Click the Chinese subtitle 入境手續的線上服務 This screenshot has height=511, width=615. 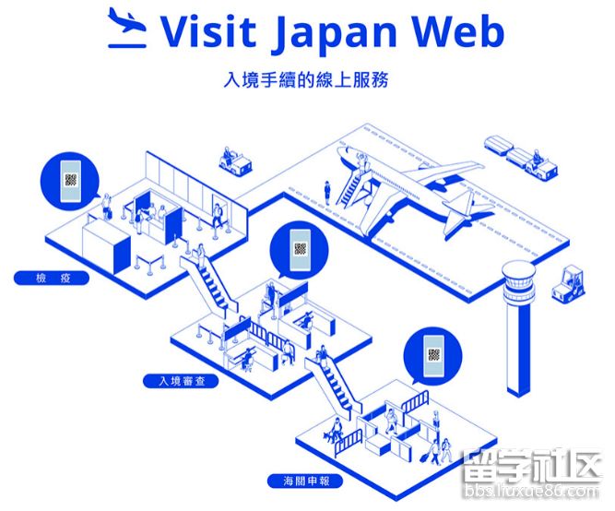point(306,79)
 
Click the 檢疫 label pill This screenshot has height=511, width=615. point(53,276)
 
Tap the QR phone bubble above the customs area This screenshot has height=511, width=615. point(433,355)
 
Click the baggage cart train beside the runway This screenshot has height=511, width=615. point(520,154)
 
